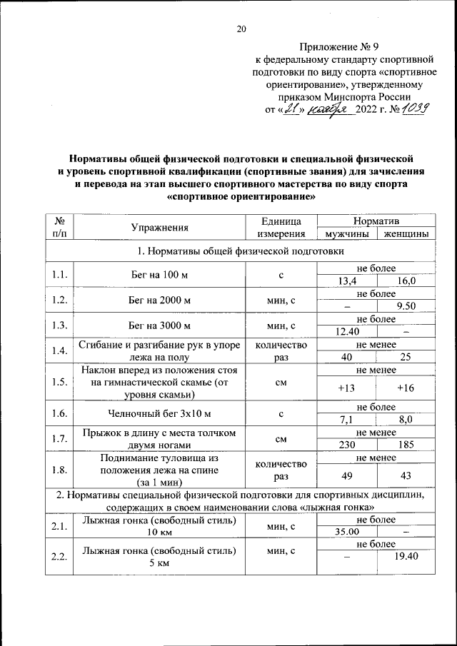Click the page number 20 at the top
[x=241, y=29]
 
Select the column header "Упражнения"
[x=159, y=228]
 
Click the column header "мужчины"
[x=346, y=234]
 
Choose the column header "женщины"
[x=405, y=234]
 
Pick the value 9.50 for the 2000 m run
[x=405, y=306]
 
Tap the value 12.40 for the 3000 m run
[x=346, y=331]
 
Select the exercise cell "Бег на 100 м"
[x=159, y=275]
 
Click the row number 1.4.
[x=59, y=350]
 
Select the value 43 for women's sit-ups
[x=405, y=475]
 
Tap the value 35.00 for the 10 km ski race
[x=346, y=532]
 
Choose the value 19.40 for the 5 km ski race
[x=405, y=557]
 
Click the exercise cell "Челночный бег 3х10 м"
[x=159, y=413]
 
